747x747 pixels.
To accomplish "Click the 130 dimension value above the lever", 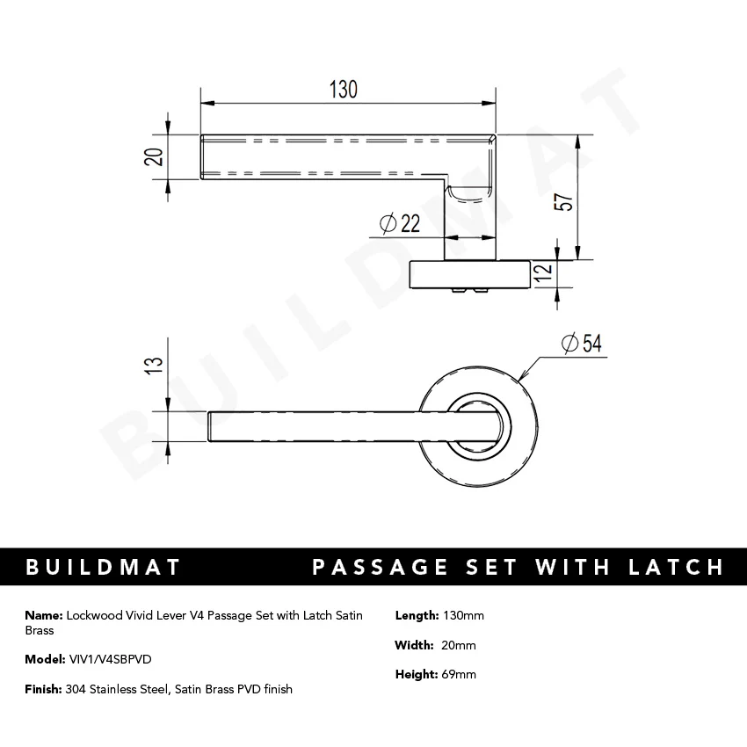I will (x=344, y=89).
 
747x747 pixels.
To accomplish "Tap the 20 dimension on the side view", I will (x=153, y=156).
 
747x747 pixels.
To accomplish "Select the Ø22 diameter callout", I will (x=400, y=225).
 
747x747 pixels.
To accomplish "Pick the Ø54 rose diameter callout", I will (x=579, y=344).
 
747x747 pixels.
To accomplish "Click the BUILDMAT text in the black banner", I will (x=104, y=567).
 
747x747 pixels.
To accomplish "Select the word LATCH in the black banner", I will (x=673, y=567).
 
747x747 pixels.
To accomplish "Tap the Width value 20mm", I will (x=460, y=645).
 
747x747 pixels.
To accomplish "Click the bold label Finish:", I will (x=43, y=689).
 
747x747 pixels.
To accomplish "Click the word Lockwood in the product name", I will (x=92, y=615).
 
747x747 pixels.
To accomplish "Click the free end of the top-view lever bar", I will (x=212, y=426).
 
